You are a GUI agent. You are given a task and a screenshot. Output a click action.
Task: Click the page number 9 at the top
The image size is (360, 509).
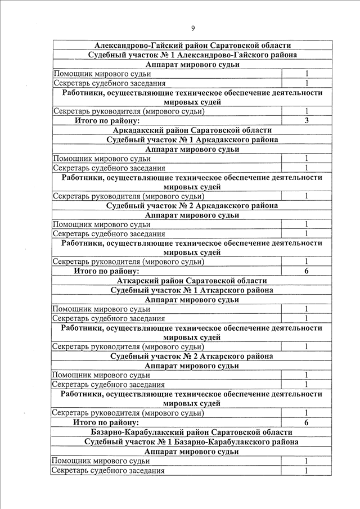tap(192, 29)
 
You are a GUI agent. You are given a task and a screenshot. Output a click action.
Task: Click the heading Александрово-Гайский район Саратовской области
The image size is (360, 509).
tap(192, 45)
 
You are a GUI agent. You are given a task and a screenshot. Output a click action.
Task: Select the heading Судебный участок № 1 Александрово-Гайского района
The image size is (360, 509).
tap(192, 55)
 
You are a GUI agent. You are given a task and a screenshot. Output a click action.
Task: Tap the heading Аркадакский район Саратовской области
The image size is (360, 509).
tap(192, 130)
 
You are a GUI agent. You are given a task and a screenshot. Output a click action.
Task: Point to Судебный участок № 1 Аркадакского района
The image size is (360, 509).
tap(192, 139)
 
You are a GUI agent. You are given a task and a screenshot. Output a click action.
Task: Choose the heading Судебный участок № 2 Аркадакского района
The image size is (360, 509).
tap(192, 206)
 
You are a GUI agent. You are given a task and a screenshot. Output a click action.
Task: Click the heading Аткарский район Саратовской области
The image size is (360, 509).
tap(192, 281)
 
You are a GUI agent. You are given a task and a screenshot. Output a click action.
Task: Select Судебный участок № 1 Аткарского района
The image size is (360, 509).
tap(192, 290)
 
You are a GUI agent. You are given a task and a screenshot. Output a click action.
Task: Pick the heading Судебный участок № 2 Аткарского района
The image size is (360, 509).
tap(192, 357)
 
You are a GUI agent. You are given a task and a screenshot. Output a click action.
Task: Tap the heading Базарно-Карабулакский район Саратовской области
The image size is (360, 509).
tap(192, 432)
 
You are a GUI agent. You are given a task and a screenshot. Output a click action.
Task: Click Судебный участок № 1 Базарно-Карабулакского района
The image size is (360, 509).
tap(192, 442)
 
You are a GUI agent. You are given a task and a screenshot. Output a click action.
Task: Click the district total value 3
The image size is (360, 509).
tap(307, 120)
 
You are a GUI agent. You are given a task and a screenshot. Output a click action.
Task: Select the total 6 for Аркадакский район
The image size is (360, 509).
tap(307, 271)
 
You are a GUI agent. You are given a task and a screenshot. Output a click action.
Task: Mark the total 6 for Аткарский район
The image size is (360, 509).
tap(307, 422)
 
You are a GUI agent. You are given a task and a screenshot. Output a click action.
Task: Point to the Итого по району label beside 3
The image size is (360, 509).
tap(106, 120)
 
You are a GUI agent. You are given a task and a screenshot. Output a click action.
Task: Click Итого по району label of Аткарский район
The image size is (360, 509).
tap(106, 422)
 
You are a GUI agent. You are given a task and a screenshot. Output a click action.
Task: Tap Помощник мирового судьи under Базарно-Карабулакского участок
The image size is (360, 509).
tap(101, 461)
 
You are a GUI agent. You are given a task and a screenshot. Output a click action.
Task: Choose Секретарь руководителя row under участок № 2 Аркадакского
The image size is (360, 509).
tap(128, 262)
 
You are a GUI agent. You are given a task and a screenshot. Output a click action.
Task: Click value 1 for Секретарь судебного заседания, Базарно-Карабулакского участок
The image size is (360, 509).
tap(307, 471)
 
